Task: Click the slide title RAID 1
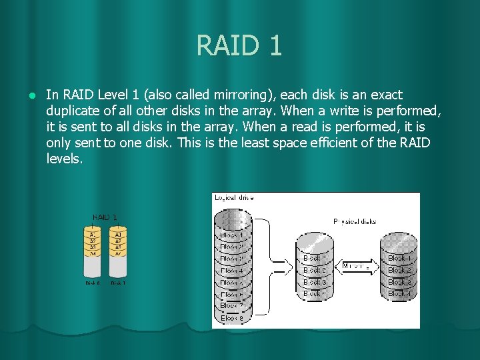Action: coord(239,45)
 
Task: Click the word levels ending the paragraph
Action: coord(64,159)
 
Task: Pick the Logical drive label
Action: coord(234,197)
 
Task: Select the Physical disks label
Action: coord(354,221)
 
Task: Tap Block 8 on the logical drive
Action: coord(232,318)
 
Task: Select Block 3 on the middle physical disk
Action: coord(315,282)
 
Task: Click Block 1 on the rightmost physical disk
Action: coord(399,258)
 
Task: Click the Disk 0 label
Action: coord(93,283)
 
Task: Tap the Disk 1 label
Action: coord(118,283)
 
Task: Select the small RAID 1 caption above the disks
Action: coord(105,217)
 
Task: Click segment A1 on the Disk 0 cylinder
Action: coord(93,235)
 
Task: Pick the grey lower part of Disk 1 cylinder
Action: coord(118,267)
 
